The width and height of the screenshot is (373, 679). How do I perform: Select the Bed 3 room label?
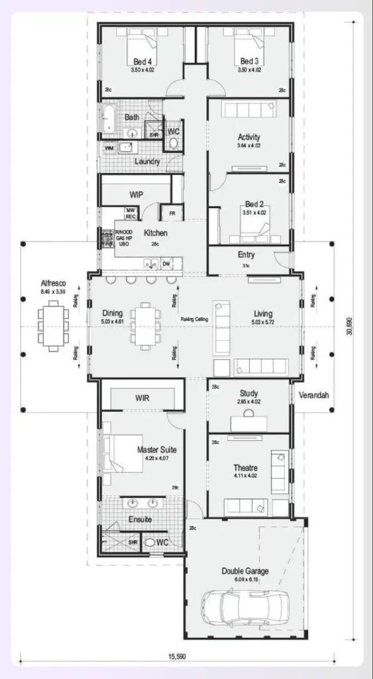[248, 61]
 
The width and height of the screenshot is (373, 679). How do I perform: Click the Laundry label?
[147, 161]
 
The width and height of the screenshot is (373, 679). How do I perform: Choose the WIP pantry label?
[137, 195]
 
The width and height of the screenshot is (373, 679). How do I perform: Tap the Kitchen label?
[156, 233]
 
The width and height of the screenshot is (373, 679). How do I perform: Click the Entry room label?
[246, 255]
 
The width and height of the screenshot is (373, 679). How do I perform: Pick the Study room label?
[248, 393]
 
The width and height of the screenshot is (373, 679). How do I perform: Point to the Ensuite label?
[140, 519]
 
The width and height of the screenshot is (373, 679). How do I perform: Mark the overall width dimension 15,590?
[177, 657]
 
